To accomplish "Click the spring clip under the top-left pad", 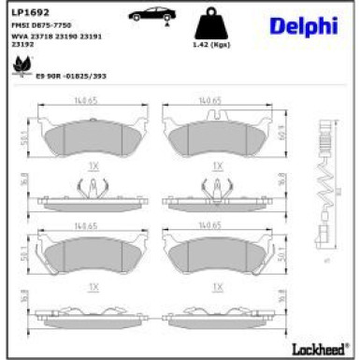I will (x=93, y=191).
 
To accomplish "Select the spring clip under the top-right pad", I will (x=216, y=191).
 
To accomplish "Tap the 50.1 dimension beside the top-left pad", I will (x=22, y=137).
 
